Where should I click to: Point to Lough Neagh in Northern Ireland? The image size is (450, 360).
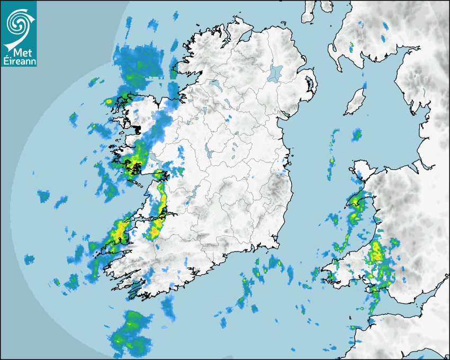click(275, 73)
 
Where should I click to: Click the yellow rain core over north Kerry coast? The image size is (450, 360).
click(120, 229)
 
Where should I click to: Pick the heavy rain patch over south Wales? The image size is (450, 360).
click(378, 257)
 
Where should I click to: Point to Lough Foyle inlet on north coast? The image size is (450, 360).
click(245, 37)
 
